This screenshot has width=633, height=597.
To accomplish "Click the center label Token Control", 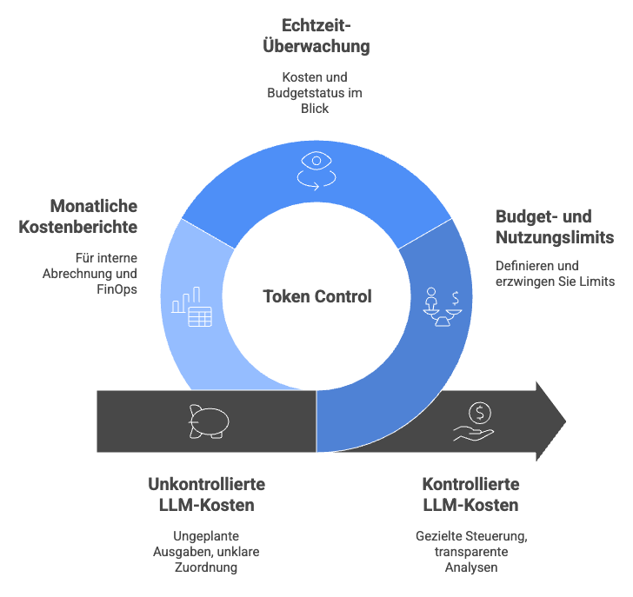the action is (x=317, y=296).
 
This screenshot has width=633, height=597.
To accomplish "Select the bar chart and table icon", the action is (x=192, y=307).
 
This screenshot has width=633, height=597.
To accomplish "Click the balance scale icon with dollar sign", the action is (x=443, y=307).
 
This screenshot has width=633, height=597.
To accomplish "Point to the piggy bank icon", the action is (x=209, y=421).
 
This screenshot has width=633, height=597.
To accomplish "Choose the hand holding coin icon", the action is (x=474, y=421).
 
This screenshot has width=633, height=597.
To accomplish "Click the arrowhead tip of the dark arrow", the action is (x=566, y=421).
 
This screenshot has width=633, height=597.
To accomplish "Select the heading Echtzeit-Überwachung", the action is (x=316, y=36).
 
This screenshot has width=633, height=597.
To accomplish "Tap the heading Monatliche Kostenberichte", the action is (x=78, y=216).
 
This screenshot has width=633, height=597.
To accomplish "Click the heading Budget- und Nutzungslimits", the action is (x=555, y=227).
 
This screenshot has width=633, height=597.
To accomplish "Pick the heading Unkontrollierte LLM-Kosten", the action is (x=207, y=494).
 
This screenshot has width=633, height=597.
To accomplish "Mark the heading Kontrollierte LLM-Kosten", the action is (x=470, y=494).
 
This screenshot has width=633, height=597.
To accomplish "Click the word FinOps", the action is (x=117, y=289).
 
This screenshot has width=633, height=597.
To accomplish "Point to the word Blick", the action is (x=315, y=109).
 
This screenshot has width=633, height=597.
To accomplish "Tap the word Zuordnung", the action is (x=206, y=567).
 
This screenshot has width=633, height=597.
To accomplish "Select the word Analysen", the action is (x=471, y=567).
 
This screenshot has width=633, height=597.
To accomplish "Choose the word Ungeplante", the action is (x=206, y=536).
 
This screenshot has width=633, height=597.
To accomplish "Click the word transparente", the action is (x=471, y=552).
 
